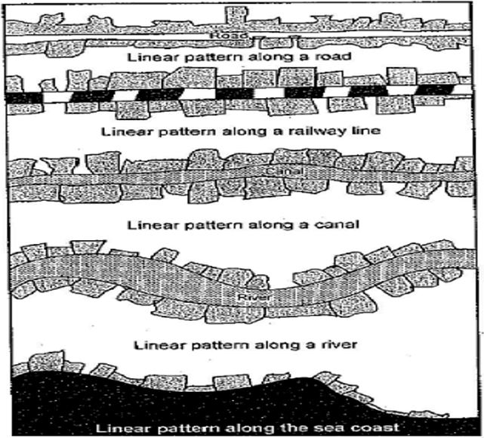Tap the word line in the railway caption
tap(356, 130)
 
